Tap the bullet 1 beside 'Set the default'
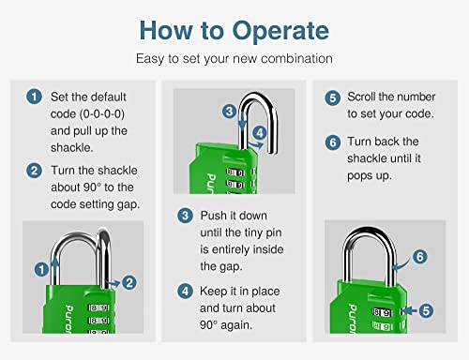point(34,97)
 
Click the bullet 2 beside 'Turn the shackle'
point(34,171)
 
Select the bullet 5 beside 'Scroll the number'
point(332,97)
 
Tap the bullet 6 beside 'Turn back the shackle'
point(332,142)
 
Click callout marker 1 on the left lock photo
point(40,269)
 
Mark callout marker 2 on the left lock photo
point(129,282)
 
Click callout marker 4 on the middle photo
point(260,132)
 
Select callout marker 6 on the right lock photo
point(419,256)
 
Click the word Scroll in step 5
point(364,97)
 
